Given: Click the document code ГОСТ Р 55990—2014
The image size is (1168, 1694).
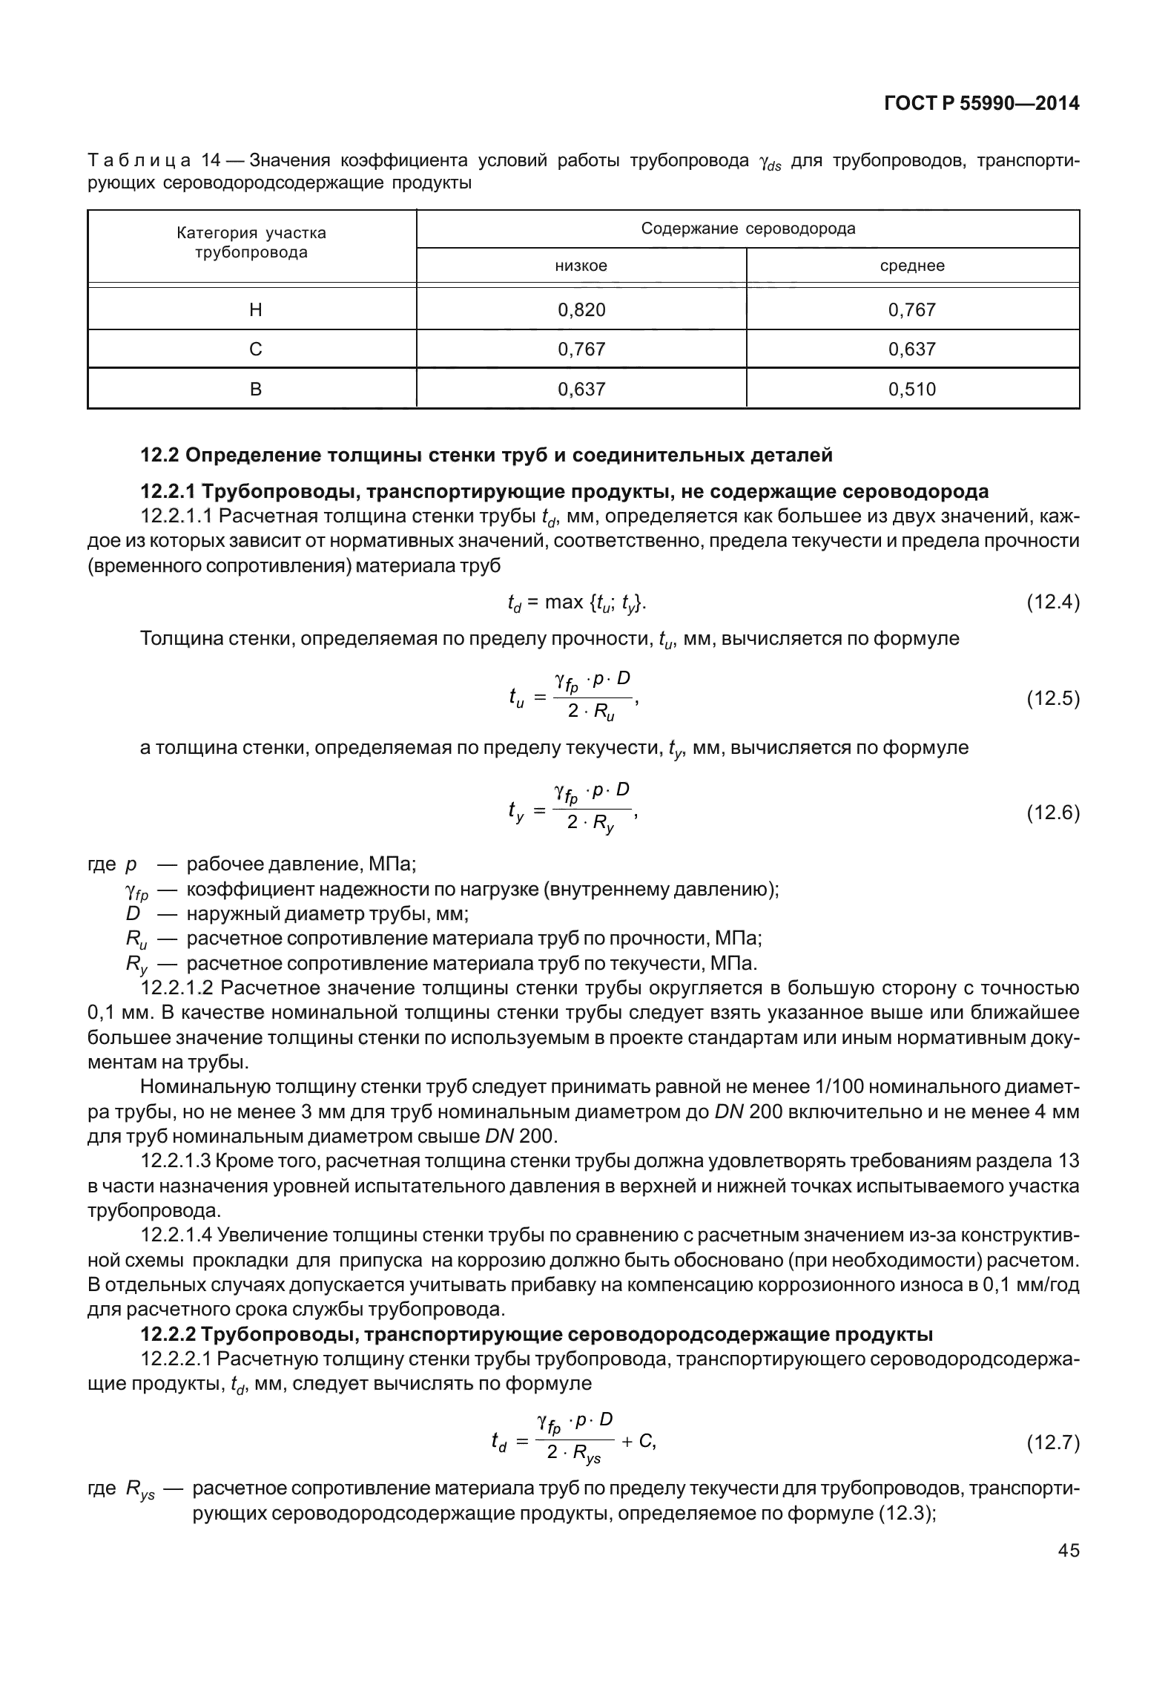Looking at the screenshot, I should [x=981, y=104].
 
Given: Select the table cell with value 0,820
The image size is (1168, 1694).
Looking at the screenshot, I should [x=581, y=309].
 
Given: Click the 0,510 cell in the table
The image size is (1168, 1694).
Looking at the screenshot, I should [x=912, y=389].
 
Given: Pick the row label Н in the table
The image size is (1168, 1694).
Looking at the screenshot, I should [x=255, y=309].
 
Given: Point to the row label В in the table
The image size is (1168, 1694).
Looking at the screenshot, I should [x=255, y=389].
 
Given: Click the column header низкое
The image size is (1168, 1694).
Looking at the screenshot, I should [x=581, y=266].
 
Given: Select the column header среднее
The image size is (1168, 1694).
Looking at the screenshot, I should [x=912, y=266].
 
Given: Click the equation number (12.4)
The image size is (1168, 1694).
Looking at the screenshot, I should [x=1052, y=602].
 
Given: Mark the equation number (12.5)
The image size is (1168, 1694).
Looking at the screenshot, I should [x=1052, y=698].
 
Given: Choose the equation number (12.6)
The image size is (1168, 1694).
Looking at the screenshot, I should [x=1052, y=813].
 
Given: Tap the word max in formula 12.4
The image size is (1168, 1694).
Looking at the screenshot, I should [x=564, y=602].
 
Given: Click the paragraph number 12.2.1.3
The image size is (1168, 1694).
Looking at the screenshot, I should [x=177, y=1161].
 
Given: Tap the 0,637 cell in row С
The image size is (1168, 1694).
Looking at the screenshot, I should [x=912, y=349].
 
